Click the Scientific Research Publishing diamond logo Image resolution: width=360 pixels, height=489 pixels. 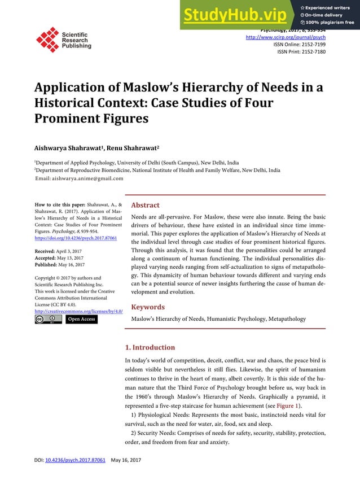point(47,39)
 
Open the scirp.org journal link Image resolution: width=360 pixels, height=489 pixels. point(286,37)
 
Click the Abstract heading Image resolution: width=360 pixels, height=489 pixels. point(145,205)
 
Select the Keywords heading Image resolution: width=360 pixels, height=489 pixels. point(148,307)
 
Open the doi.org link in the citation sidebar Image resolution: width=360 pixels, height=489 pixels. point(76,239)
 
